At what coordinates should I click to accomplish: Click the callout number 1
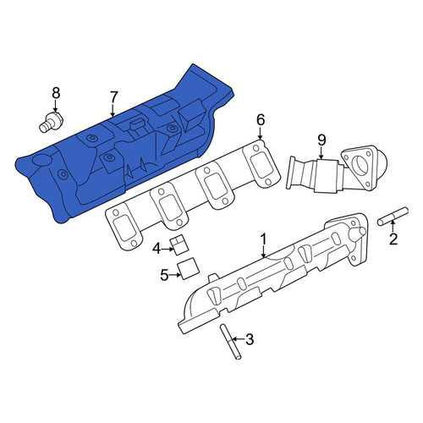(x=263, y=239)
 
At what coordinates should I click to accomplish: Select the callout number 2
(x=393, y=239)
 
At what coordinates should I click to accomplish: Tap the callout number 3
(x=250, y=339)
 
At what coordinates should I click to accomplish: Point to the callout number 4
(x=157, y=249)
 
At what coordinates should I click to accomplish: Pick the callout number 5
(x=164, y=275)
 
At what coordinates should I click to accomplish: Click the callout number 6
(x=261, y=120)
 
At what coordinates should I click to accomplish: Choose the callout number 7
(x=113, y=97)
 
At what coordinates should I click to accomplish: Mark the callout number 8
(x=56, y=93)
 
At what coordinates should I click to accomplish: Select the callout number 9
(x=321, y=140)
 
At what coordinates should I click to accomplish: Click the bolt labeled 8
(x=51, y=122)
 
